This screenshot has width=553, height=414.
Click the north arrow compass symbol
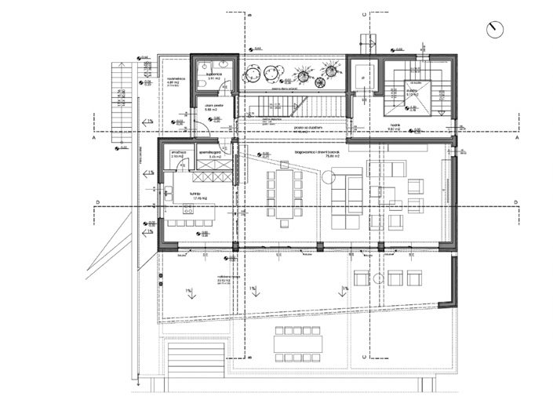pos(494,29)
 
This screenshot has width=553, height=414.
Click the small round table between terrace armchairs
pos(378,278)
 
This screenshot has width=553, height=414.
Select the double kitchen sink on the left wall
pos(168,191)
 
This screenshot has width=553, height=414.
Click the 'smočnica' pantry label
pos(176,151)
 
